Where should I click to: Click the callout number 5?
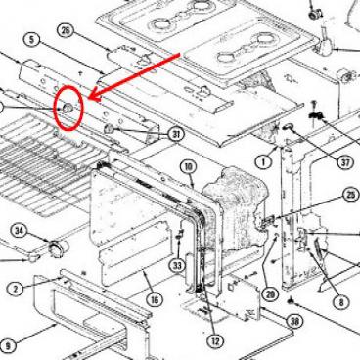coord(31,39)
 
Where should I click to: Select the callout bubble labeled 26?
coord(66,30)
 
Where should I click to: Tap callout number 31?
coord(176,134)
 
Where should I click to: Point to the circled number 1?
coord(262,160)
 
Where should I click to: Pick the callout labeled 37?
coord(344,163)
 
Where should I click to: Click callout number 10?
coord(189,169)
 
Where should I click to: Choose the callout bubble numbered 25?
coord(350,195)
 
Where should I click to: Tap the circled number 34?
coord(19,230)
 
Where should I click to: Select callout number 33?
coord(177,264)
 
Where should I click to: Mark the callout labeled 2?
coord(16,288)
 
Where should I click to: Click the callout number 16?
coord(153,300)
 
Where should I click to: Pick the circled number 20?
coord(270,293)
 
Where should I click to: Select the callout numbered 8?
coord(339,304)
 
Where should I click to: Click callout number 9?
coord(8,344)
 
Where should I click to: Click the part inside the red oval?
coord(68,107)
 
